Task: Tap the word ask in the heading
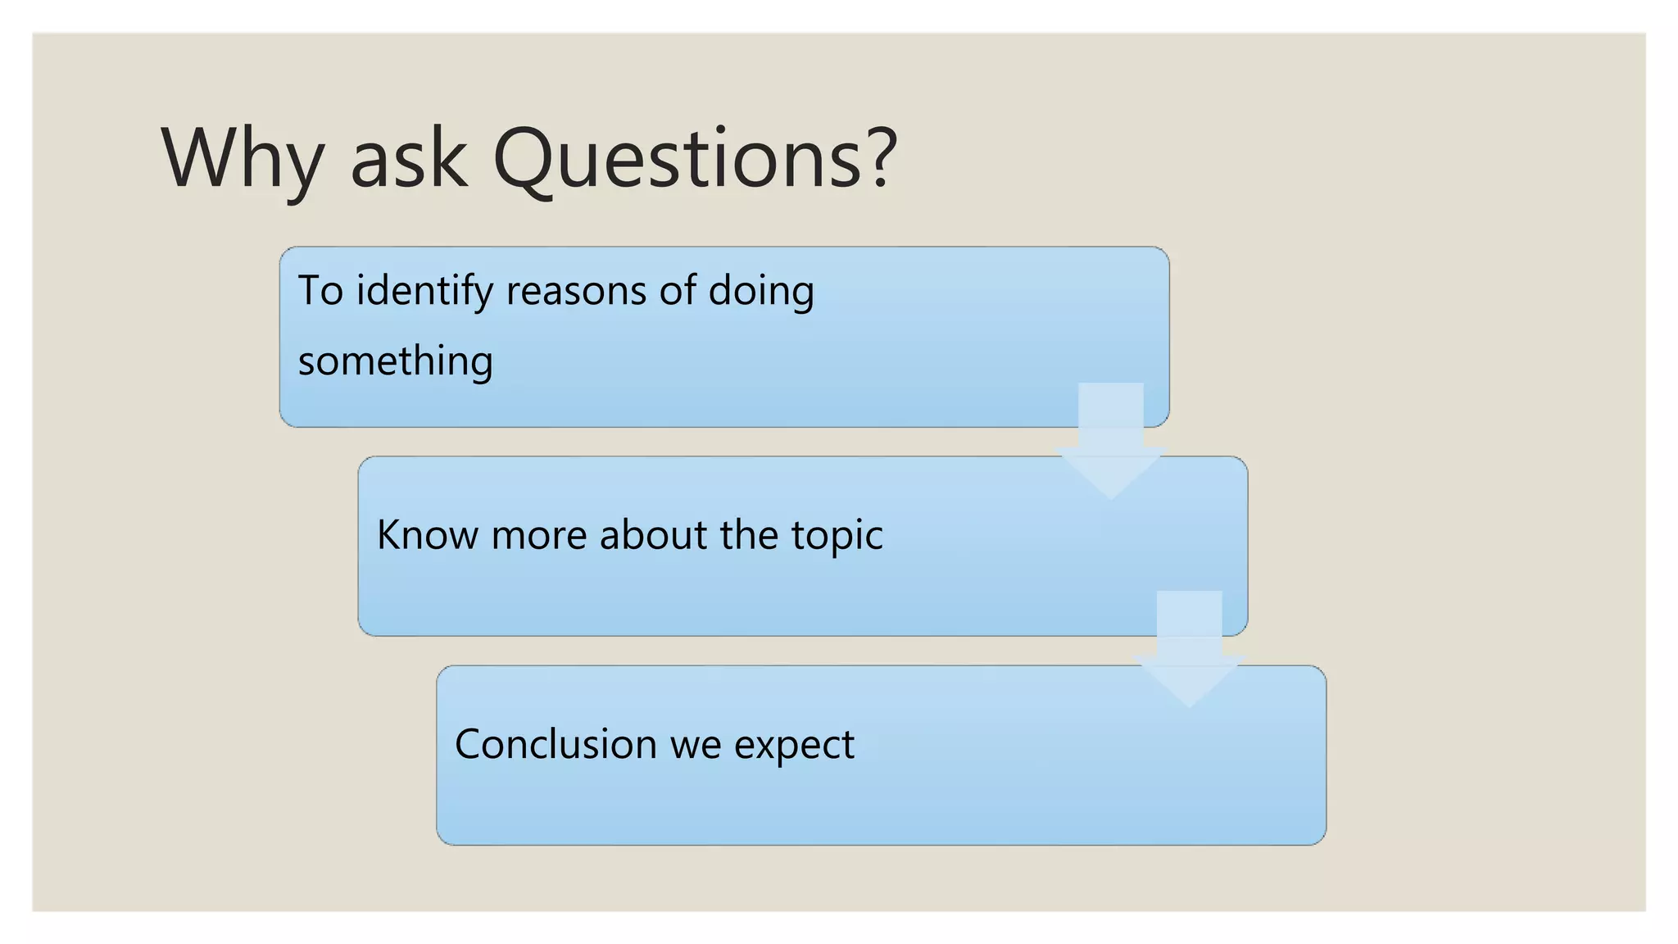coord(408,159)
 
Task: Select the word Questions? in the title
coord(695,159)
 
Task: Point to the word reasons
coord(577,292)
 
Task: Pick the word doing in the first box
coord(761,292)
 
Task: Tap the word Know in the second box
coord(426,535)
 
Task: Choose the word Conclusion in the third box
coord(556,744)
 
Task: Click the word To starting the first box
coord(320,291)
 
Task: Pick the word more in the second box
coord(539,536)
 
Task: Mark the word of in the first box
coord(678,291)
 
